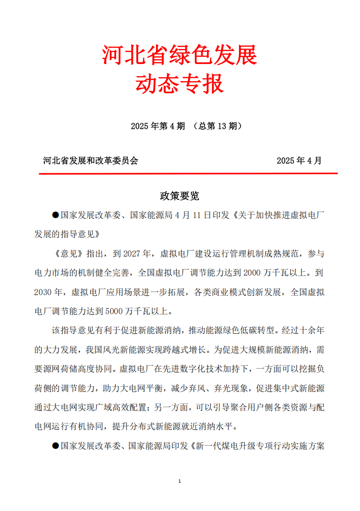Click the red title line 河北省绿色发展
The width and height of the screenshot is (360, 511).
pos(180,55)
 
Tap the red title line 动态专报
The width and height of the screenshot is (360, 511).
pos(180,84)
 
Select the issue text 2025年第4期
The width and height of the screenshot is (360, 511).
pos(157,127)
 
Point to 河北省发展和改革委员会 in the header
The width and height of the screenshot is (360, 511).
pos(90,161)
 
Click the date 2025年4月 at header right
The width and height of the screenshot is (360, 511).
pos(299,161)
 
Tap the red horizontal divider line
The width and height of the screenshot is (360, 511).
pos(188,173)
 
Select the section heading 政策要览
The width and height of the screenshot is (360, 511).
pos(180,196)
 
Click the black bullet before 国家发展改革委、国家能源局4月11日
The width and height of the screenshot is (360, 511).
pos(56,216)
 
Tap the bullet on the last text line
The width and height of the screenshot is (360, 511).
pos(56,446)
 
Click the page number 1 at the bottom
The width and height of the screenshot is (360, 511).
pos(180,481)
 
